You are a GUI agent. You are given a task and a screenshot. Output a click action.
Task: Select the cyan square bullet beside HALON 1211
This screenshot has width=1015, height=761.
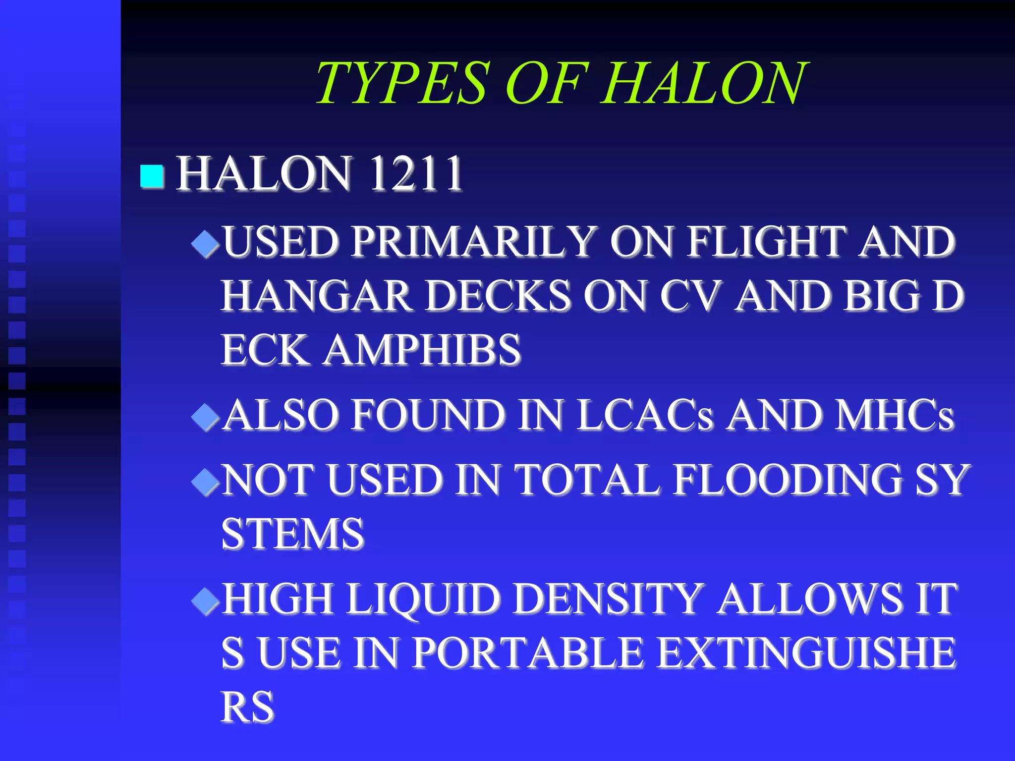coord(152,176)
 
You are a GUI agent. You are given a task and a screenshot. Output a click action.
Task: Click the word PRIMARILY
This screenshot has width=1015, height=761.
coord(473,242)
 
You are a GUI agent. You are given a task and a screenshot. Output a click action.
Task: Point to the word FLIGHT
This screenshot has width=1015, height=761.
coord(766,242)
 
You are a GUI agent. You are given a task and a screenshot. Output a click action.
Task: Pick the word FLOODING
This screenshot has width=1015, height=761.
coord(788,480)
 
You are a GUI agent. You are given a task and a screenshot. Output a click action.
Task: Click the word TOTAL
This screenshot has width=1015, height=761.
coord(587,480)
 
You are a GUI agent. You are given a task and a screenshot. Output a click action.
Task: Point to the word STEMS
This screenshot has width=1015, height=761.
coord(292,534)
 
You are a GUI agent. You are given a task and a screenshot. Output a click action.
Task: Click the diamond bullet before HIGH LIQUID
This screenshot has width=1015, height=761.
coord(205,601)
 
